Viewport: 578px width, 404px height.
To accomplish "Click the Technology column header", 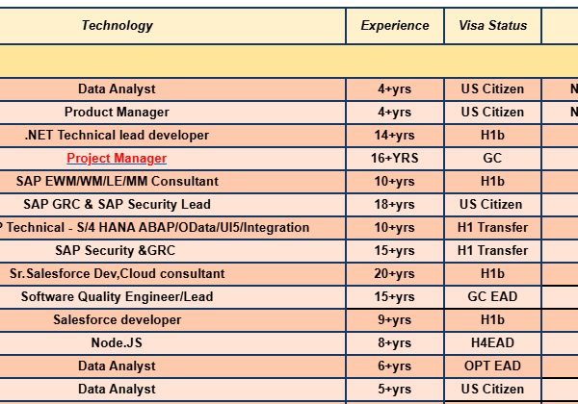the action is pyautogui.click(x=118, y=26).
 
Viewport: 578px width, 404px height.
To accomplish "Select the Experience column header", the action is pyautogui.click(x=395, y=26).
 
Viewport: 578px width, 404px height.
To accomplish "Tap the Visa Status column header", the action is pyautogui.click(x=493, y=26).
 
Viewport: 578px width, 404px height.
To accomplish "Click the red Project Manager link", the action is pyautogui.click(x=117, y=158).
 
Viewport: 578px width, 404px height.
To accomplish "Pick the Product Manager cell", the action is pyautogui.click(x=117, y=113).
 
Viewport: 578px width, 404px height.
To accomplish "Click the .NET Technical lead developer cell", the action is pyautogui.click(x=117, y=136).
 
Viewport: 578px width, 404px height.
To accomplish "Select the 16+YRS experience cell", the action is pyautogui.click(x=395, y=158).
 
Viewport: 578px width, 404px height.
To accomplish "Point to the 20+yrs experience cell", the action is pyautogui.click(x=395, y=274).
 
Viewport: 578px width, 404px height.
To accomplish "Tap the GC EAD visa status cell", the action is pyautogui.click(x=492, y=296).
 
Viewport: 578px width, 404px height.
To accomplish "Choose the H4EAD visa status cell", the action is pyautogui.click(x=492, y=343).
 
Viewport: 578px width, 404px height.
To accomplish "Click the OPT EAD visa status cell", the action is pyautogui.click(x=492, y=366).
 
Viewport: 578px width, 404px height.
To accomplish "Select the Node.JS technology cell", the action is pyautogui.click(x=117, y=343).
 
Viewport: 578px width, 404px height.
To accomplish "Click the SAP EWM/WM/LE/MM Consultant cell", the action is pyautogui.click(x=118, y=182).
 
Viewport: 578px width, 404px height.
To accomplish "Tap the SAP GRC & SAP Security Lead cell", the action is pyautogui.click(x=117, y=205).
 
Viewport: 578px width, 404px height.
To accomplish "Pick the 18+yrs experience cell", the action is pyautogui.click(x=395, y=205).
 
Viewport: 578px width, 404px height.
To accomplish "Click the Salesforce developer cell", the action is pyautogui.click(x=118, y=319).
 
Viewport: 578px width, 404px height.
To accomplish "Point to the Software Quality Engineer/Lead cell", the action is pyautogui.click(x=117, y=296).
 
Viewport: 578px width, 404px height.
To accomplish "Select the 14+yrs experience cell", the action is pyautogui.click(x=395, y=136).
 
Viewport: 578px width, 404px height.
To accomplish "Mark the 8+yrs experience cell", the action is pyautogui.click(x=395, y=343).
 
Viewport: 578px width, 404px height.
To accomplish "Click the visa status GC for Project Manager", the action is pyautogui.click(x=492, y=158).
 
